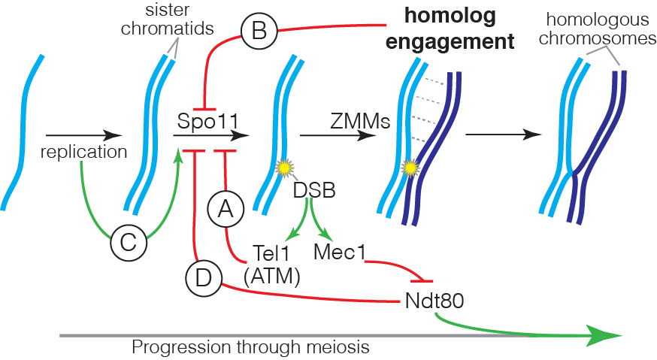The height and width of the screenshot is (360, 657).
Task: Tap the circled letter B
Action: click(x=258, y=31)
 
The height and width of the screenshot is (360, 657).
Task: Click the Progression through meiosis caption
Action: click(x=250, y=348)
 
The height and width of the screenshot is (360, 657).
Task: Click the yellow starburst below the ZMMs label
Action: click(x=410, y=168)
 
